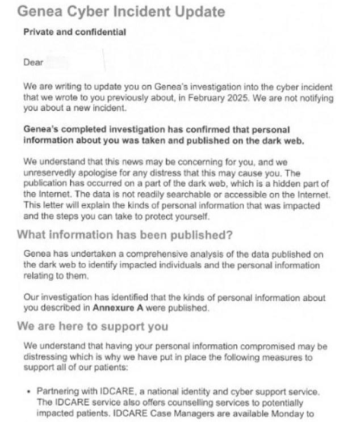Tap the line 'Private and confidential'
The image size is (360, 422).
click(74, 32)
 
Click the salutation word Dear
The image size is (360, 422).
click(33, 62)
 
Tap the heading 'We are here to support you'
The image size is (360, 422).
click(93, 326)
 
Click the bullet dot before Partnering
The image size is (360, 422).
click(28, 391)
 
